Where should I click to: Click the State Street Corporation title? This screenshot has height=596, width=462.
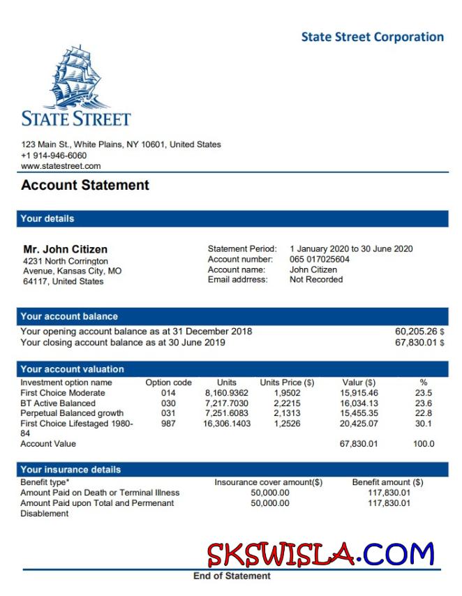click(x=372, y=37)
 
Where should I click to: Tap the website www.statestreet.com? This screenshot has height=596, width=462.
click(x=61, y=166)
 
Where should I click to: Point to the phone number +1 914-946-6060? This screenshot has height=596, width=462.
click(x=54, y=156)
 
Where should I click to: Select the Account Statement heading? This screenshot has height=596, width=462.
click(x=85, y=186)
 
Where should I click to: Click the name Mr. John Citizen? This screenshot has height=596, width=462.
click(x=66, y=249)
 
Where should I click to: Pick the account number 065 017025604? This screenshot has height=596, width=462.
click(x=320, y=260)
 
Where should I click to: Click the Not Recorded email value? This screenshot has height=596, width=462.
click(x=316, y=280)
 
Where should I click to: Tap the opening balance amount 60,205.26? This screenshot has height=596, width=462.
click(x=415, y=331)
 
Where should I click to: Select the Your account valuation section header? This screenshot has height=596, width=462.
click(x=72, y=369)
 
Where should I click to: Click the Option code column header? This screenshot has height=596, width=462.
click(x=168, y=382)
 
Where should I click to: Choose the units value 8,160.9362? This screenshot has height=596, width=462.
click(x=227, y=393)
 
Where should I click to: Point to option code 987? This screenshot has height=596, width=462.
click(x=168, y=423)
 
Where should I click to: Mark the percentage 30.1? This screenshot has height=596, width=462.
click(x=424, y=423)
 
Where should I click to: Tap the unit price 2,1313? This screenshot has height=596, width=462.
click(x=287, y=413)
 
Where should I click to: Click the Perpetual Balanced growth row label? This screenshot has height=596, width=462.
click(x=72, y=413)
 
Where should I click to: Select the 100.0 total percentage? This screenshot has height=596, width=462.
click(x=424, y=444)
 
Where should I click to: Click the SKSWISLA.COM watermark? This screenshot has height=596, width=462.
click(x=320, y=555)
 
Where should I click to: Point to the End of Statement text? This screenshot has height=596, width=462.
click(x=232, y=576)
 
